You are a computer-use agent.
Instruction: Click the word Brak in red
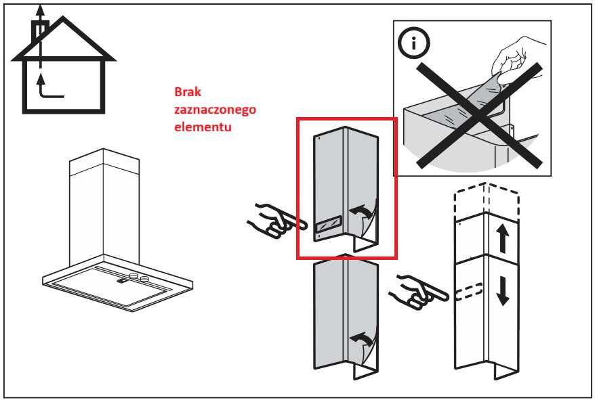[188, 92]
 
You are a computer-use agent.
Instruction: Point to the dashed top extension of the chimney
[486, 199]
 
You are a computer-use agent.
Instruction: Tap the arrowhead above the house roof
[41, 9]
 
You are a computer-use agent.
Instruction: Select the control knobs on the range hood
[138, 276]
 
